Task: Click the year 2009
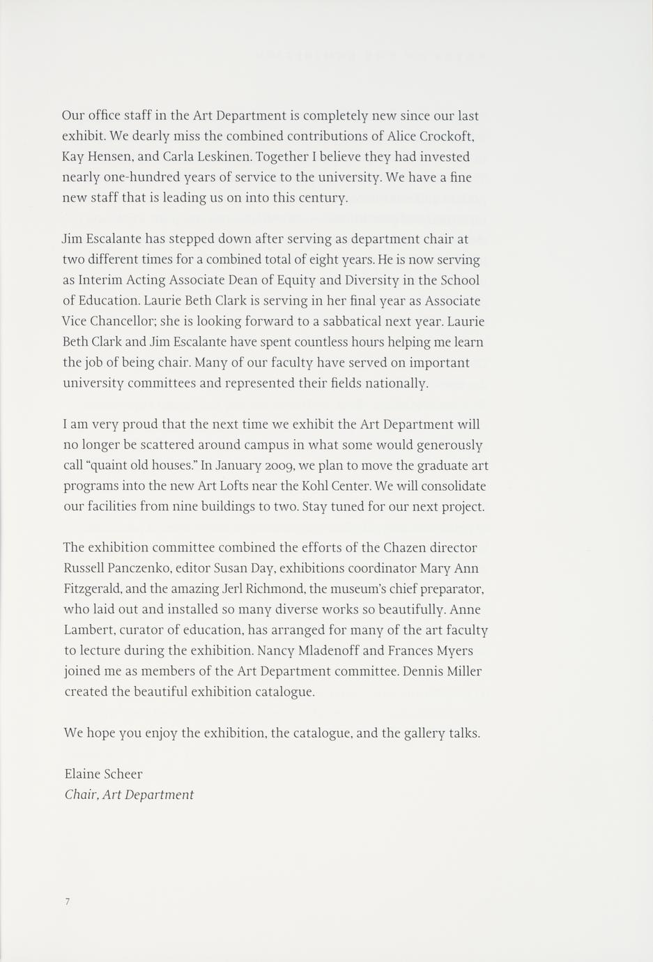[x=277, y=466]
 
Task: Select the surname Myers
[x=452, y=651]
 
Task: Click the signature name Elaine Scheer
[x=103, y=774]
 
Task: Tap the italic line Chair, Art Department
[x=129, y=795]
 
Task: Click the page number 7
[x=68, y=902]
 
